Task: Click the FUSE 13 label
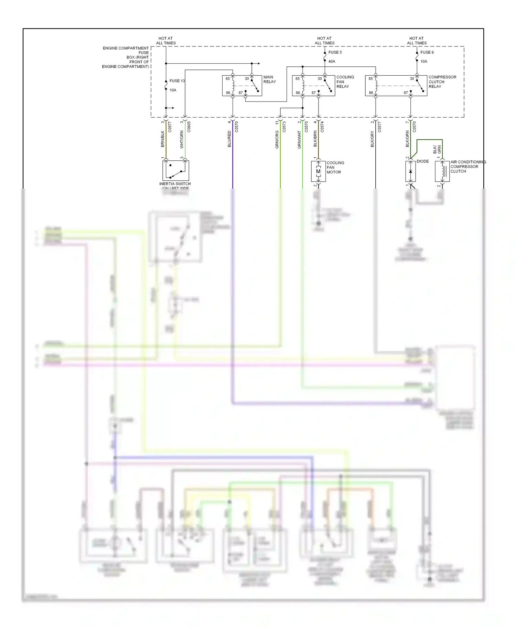177,81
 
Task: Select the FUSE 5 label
335,52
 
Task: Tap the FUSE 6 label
427,52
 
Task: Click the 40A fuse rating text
332,62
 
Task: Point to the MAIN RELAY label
269,79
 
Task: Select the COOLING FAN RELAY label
345,82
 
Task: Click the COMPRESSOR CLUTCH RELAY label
442,82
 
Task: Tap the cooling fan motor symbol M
318,171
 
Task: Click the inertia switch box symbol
176,170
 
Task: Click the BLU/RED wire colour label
229,139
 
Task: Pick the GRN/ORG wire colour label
277,140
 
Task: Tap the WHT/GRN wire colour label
182,139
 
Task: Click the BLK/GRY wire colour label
372,139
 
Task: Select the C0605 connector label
189,127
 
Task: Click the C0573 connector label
284,127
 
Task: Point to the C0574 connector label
322,127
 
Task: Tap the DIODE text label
422,161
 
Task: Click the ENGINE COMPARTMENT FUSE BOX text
126,57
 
